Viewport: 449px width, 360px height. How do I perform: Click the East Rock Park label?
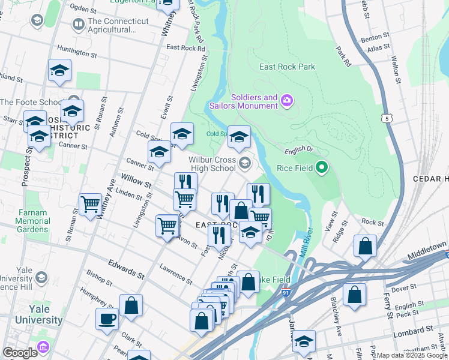pyautogui.click(x=287, y=67)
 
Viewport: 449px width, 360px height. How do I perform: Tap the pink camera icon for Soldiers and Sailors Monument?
pyautogui.click(x=287, y=100)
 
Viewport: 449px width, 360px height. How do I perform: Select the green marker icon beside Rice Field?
pyautogui.click(x=322, y=167)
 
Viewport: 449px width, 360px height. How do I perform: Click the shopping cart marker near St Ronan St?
pyautogui.click(x=90, y=204)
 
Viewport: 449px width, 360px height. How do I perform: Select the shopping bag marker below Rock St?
pyautogui.click(x=365, y=246)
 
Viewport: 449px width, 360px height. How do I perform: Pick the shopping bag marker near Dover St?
pyautogui.click(x=355, y=295)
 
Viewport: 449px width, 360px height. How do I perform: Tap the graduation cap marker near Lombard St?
pyautogui.click(x=304, y=341)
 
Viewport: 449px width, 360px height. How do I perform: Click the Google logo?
pyautogui.click(x=20, y=352)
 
